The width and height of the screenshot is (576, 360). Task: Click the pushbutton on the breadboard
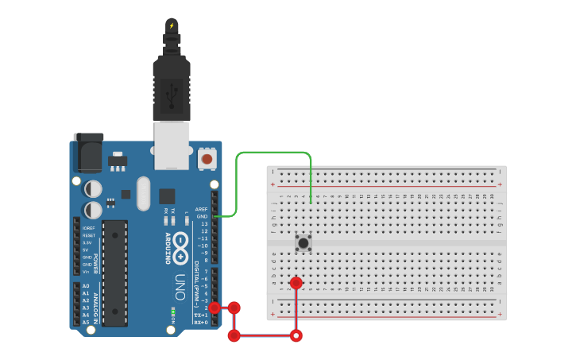(x=303, y=243)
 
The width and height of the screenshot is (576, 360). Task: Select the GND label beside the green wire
(x=202, y=216)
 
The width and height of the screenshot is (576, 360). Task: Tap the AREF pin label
(x=201, y=209)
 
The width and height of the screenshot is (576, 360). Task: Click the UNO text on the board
(x=180, y=287)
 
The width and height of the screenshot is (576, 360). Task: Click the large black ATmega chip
(x=114, y=273)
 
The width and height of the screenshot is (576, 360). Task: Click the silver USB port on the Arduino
(x=172, y=145)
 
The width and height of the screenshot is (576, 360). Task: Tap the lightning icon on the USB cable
(x=172, y=25)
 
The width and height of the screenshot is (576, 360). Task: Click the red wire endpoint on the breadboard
(x=296, y=283)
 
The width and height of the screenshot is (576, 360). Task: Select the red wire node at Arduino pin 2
(x=215, y=308)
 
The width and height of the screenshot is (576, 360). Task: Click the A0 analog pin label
(x=86, y=285)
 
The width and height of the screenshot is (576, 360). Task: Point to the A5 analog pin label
(x=86, y=322)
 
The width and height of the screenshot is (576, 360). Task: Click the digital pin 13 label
(x=203, y=224)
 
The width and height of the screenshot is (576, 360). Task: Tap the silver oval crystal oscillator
(x=143, y=193)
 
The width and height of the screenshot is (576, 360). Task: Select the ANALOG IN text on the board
(x=97, y=305)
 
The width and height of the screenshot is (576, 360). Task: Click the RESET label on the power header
(x=88, y=235)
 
